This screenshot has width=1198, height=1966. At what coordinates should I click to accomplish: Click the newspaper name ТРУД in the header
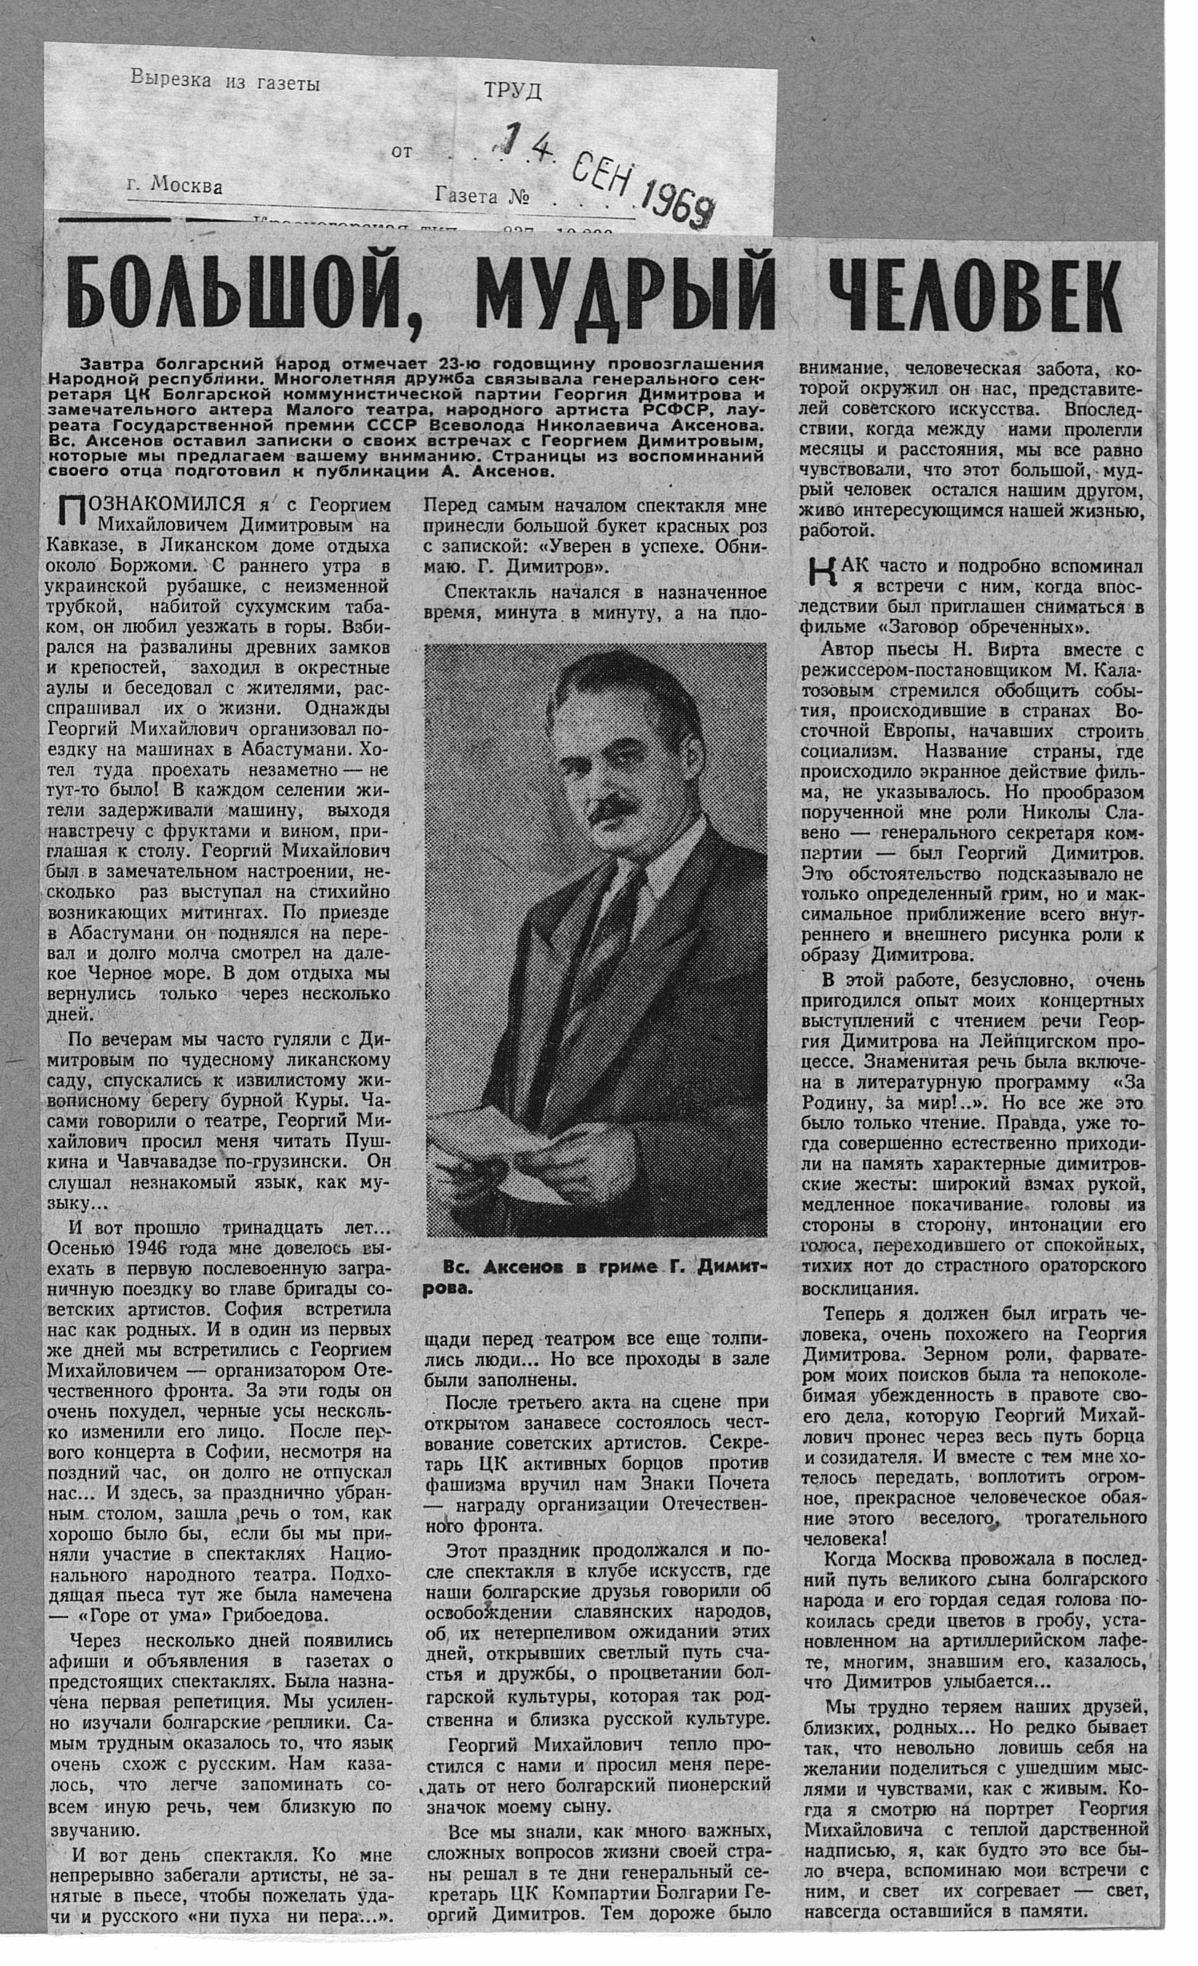[x=513, y=92]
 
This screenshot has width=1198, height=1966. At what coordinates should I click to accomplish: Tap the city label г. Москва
[x=175, y=186]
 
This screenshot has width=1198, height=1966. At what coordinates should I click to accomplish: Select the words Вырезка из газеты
[x=225, y=80]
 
